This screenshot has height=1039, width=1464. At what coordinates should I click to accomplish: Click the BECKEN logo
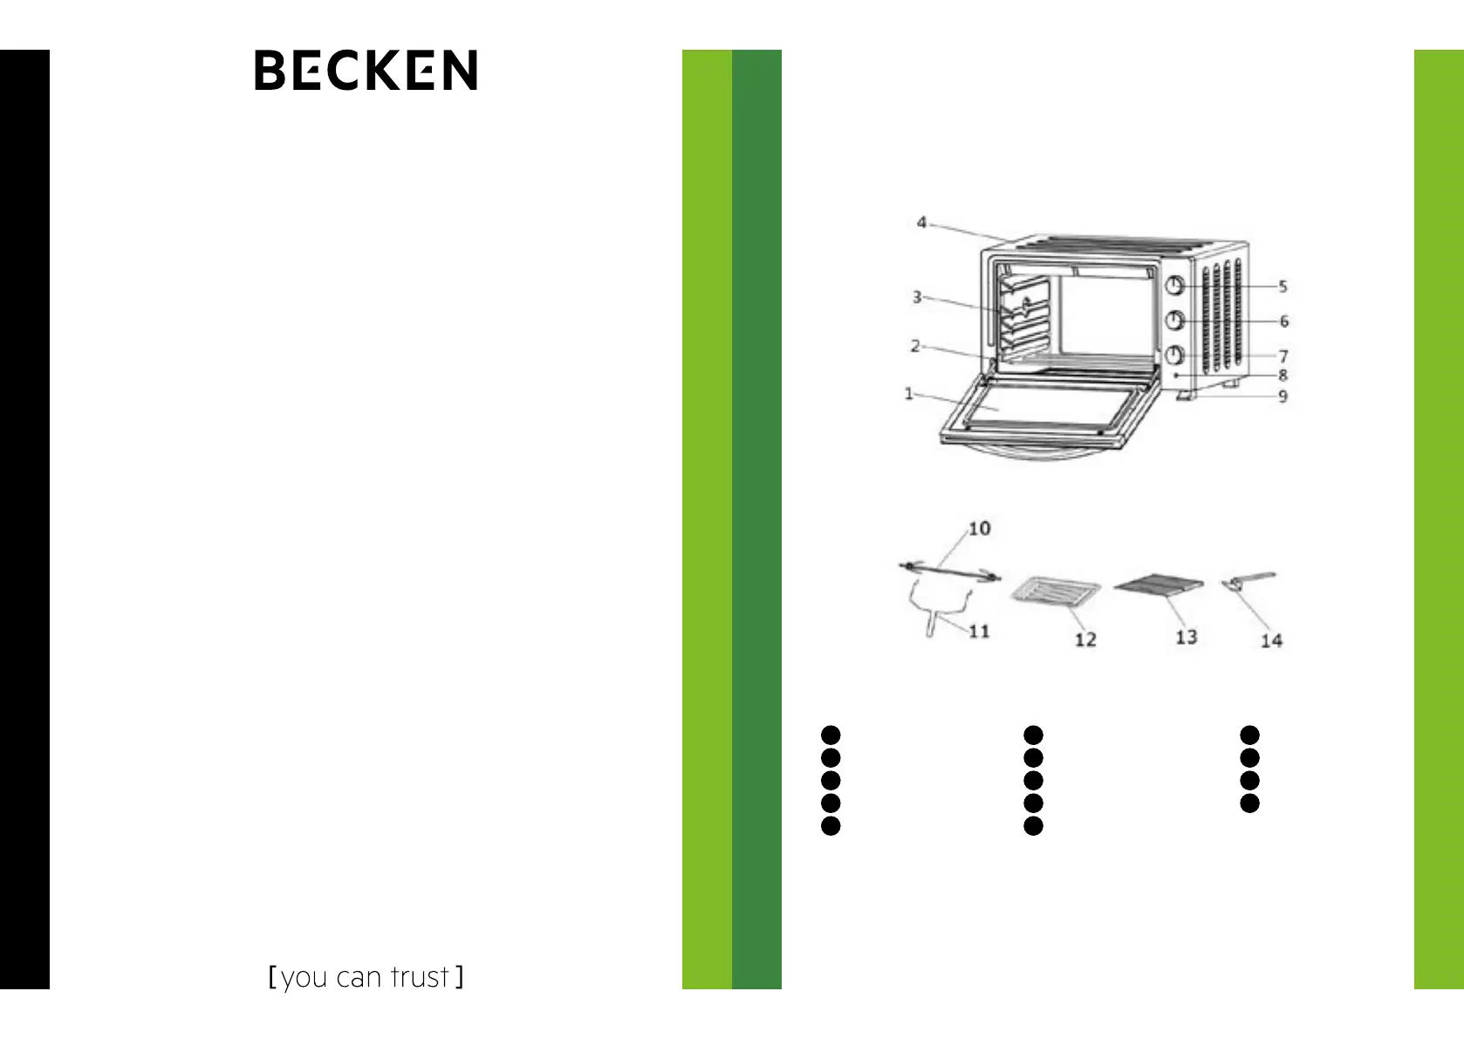point(366,71)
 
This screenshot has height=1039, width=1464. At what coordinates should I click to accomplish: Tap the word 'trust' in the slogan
point(420,977)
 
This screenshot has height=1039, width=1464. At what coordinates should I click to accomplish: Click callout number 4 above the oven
point(921,222)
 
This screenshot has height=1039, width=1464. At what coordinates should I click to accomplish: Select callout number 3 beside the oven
point(917,297)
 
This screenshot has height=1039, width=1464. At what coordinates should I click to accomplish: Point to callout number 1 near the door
point(909,393)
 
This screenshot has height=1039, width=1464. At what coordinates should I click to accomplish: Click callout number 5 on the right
point(1283,286)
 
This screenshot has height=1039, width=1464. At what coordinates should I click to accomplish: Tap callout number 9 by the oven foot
point(1283,396)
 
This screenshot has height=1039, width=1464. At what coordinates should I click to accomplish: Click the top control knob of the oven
point(1175,285)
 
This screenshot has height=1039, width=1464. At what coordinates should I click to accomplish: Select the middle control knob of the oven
point(1175,320)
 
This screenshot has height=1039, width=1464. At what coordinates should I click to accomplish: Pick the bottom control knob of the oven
point(1175,355)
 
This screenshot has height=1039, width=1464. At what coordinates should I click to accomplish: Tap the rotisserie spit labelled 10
point(949,571)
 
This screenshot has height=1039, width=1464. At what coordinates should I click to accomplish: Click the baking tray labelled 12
point(1055,592)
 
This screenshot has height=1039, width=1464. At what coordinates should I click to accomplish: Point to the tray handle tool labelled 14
point(1249,581)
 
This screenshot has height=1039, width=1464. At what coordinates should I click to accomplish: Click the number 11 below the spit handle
point(979,631)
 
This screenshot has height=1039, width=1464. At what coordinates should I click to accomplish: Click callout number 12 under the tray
point(1085,639)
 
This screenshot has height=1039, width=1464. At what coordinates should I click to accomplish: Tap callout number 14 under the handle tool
point(1271,640)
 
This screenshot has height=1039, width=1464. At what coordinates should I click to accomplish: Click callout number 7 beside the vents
point(1283,356)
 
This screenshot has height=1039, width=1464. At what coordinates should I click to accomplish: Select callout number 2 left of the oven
point(915,346)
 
